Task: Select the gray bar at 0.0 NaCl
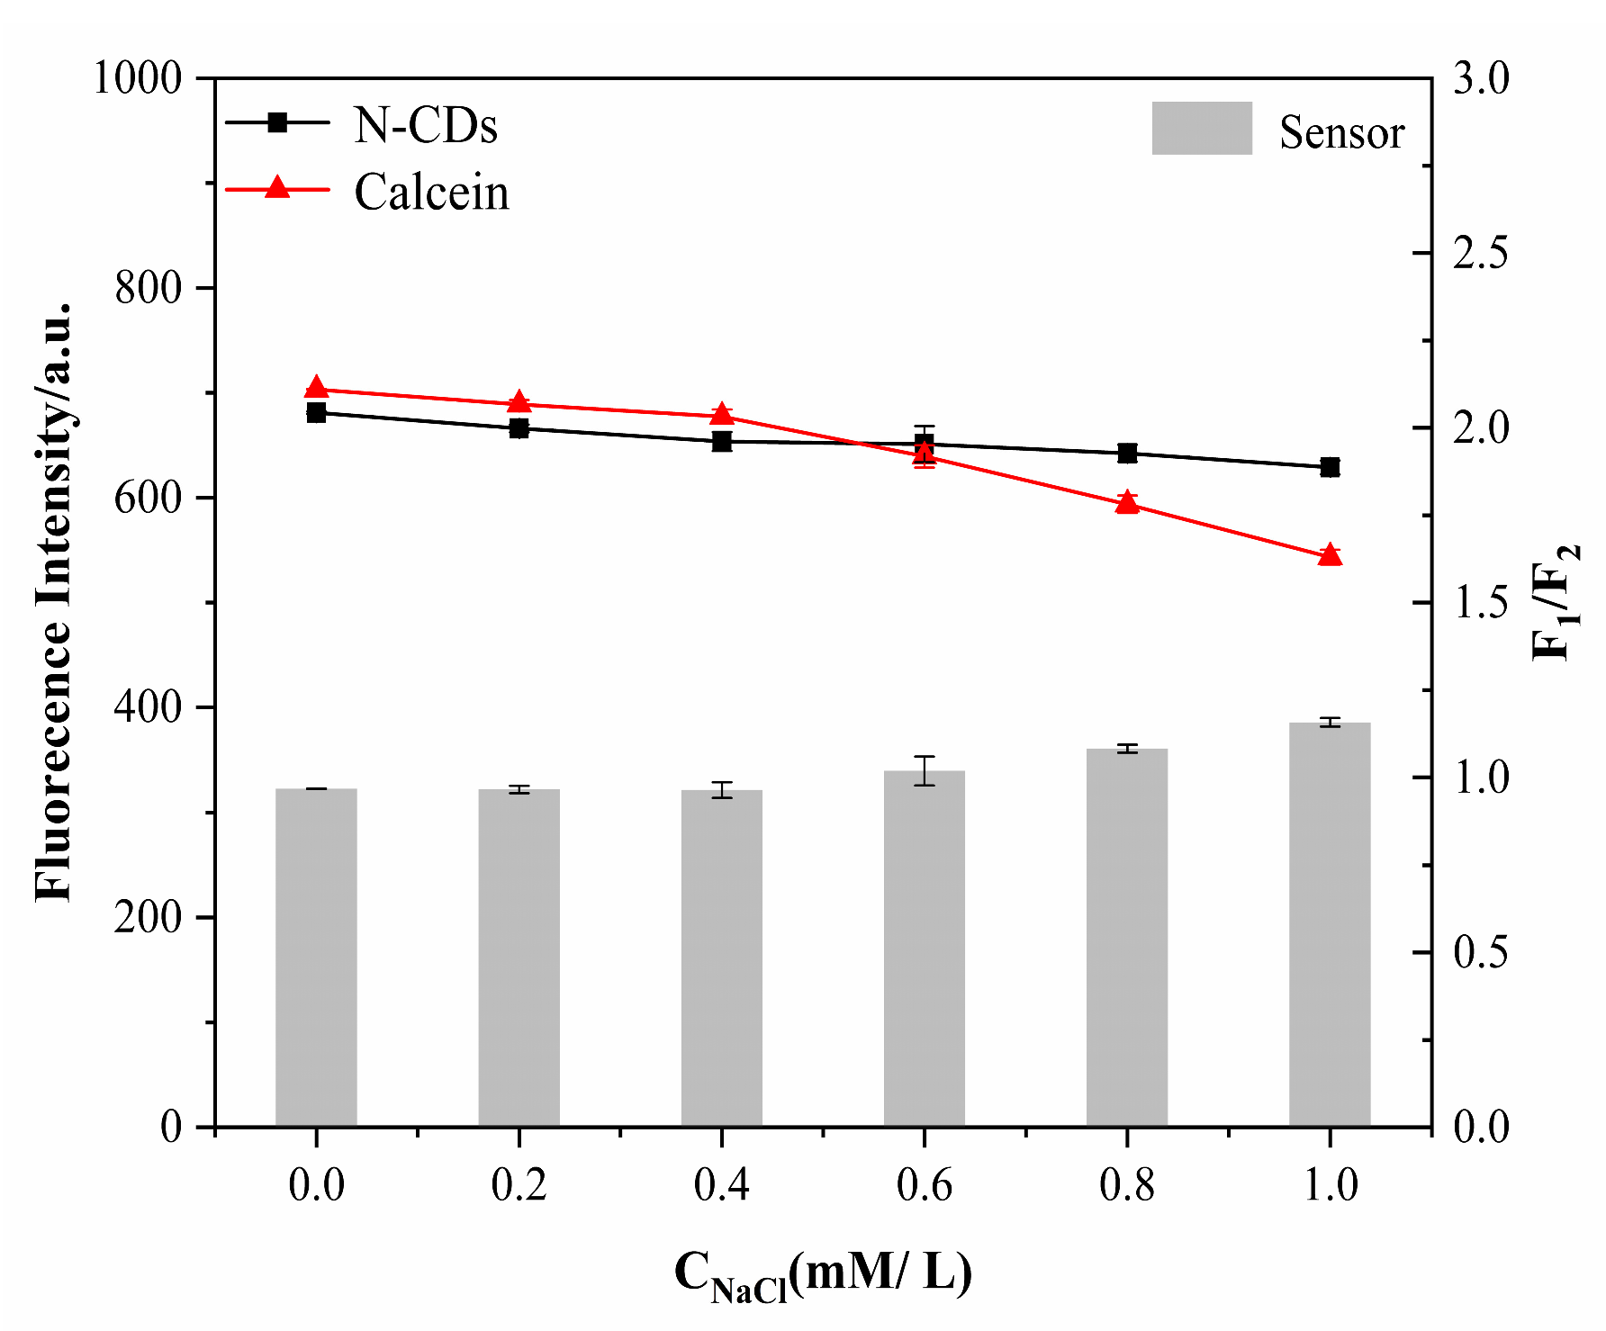point(316,958)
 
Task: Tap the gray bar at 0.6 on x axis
point(925,949)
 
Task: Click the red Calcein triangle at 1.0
point(1330,555)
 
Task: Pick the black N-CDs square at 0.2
point(519,428)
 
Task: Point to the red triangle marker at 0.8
point(1127,503)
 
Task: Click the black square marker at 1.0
point(1330,467)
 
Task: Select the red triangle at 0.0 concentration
point(316,388)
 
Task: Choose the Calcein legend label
point(431,193)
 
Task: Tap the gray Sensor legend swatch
point(1202,128)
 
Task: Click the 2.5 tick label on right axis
point(1481,254)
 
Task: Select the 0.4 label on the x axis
point(721,1184)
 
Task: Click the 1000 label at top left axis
point(137,79)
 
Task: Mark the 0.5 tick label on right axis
point(1481,953)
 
